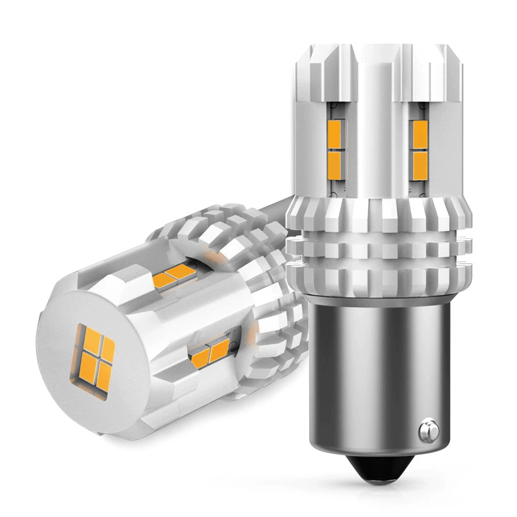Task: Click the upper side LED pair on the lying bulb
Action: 174,274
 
